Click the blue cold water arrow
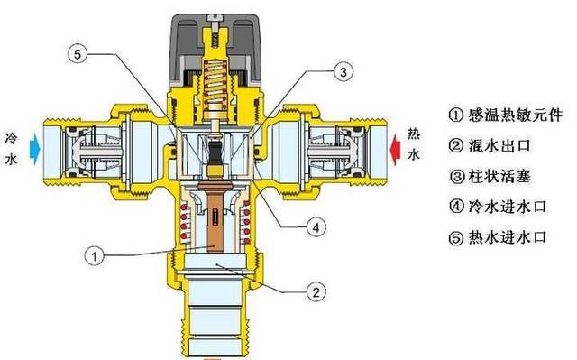point(35,148)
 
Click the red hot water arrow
point(395,149)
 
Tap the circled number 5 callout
point(78,54)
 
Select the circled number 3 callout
point(343,72)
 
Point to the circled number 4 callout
point(316,227)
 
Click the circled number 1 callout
point(94,256)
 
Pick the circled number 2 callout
point(316,292)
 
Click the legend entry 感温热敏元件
point(506,115)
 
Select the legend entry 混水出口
point(490,145)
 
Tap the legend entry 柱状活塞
point(490,176)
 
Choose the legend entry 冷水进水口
point(498,207)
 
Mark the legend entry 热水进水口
point(498,238)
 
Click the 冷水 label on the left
point(12,149)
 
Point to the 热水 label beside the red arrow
point(413,144)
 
